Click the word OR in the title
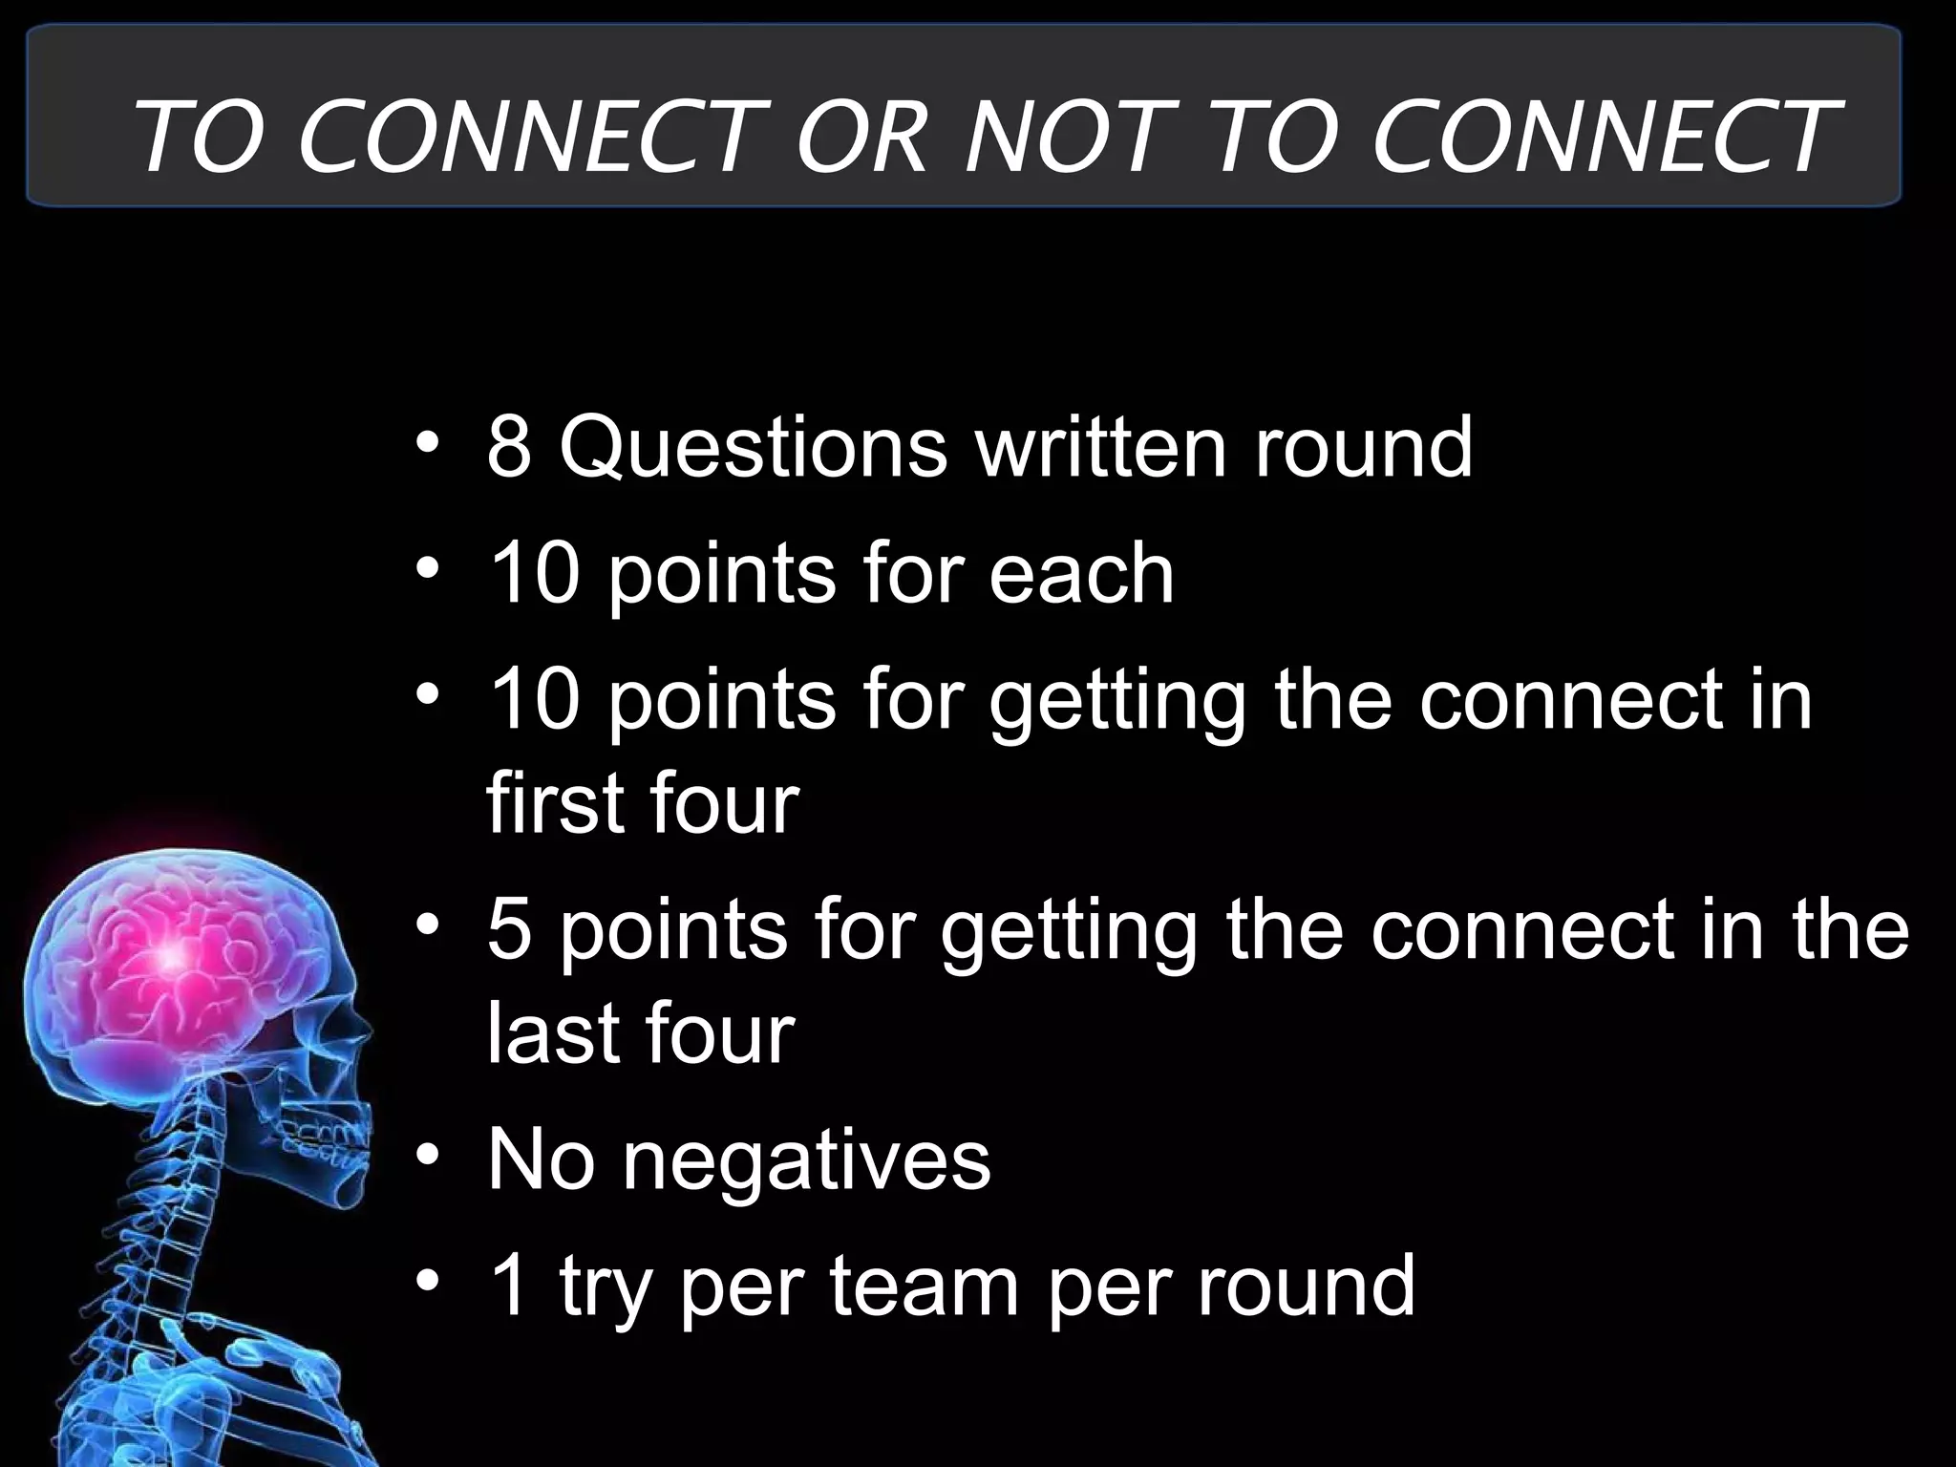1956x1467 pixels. coord(862,138)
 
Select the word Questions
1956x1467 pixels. coord(754,449)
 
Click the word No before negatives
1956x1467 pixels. coord(541,1160)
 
